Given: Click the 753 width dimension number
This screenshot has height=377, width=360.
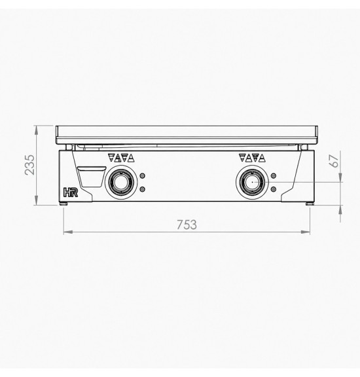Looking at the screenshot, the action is pos(187,224).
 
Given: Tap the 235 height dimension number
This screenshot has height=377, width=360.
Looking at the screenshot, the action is pos(30,165).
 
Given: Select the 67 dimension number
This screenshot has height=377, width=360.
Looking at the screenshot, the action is pos(334,161).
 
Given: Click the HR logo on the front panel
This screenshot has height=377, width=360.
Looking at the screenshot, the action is pos(71,192).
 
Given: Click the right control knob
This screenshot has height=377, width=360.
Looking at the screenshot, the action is pos(252,182).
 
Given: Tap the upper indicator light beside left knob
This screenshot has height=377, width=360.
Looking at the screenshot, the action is pos(143,176).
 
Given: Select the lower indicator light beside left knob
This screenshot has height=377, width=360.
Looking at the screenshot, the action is pos(143,189).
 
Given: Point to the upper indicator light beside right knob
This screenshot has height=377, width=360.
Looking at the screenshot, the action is pos(274,176).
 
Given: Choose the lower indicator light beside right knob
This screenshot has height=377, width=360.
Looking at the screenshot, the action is pos(274,189).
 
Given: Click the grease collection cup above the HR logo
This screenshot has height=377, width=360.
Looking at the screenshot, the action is pos(92,177).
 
